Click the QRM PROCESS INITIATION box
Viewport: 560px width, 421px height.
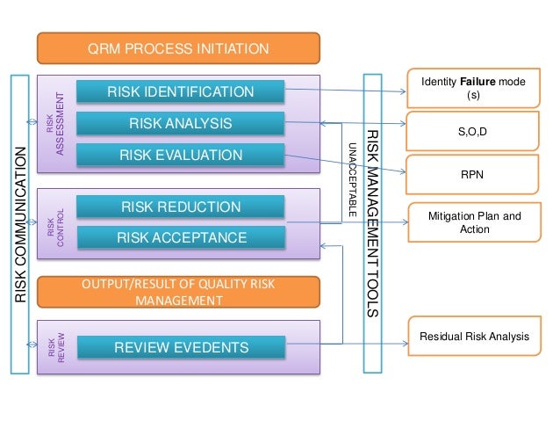tap(178, 48)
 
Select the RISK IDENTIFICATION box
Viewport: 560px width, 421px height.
tap(181, 92)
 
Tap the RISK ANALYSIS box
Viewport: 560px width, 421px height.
tap(181, 124)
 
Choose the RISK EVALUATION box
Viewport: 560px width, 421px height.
tap(181, 156)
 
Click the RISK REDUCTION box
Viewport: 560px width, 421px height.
tap(181, 207)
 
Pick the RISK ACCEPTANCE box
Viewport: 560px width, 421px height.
tap(181, 237)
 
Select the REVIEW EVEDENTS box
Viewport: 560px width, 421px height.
tap(181, 349)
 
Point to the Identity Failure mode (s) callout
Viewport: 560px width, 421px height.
tap(473, 87)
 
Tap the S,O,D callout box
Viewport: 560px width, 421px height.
tap(473, 131)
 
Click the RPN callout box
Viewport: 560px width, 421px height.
tap(473, 174)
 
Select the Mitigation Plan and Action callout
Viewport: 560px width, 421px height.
tap(473, 222)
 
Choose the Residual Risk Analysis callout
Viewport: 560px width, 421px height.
tap(473, 335)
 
